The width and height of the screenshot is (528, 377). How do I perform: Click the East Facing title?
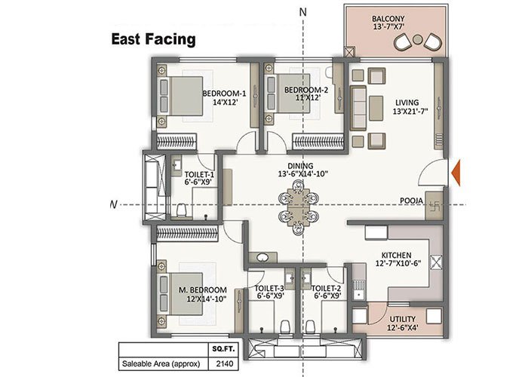[x=154, y=38]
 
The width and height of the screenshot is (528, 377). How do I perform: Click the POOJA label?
[x=410, y=201]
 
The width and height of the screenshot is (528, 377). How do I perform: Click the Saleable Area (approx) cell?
[x=161, y=363]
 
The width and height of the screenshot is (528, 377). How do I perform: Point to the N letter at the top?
[x=302, y=11]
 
